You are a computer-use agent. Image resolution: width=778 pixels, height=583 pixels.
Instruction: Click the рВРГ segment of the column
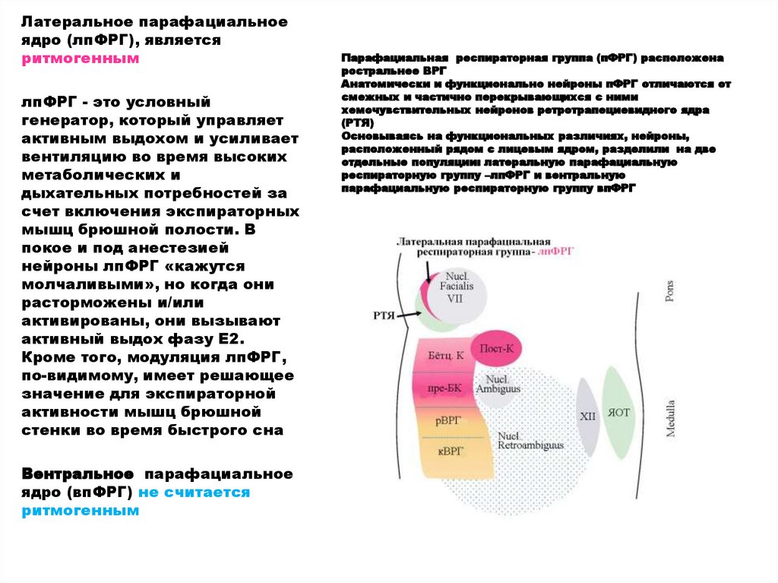[x=449, y=420]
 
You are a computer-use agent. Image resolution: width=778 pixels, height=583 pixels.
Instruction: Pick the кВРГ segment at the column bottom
[x=451, y=451]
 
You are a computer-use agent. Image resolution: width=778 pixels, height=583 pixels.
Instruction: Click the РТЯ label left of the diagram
[x=384, y=315]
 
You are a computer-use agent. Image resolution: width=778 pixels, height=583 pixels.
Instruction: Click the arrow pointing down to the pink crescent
[x=428, y=270]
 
